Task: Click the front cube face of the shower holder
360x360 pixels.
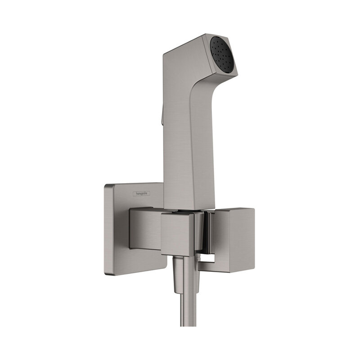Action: pyautogui.click(x=177, y=234)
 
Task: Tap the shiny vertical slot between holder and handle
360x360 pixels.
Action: pyautogui.click(x=203, y=234)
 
